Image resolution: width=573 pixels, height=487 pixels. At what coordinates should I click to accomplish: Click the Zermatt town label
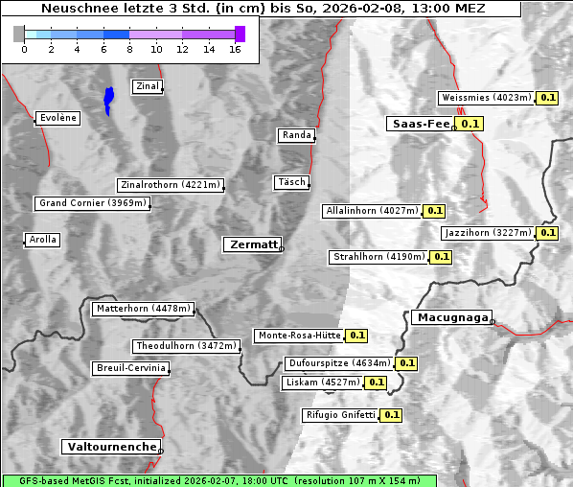coord(252,245)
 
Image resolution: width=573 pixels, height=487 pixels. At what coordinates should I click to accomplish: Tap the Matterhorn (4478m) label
coord(144,309)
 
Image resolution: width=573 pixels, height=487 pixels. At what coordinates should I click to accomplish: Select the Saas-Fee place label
coord(419,124)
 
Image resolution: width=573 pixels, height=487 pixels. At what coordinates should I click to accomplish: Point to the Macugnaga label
coord(451,317)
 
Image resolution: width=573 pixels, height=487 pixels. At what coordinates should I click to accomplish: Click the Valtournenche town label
coord(111,447)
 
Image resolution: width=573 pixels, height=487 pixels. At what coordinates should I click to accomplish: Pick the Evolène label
coord(57,118)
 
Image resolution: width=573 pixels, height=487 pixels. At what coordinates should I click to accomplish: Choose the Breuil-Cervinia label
coord(130,368)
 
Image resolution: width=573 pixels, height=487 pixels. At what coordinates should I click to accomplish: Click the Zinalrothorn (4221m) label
coord(170,185)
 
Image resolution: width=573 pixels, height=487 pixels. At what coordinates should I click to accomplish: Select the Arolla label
coord(42,240)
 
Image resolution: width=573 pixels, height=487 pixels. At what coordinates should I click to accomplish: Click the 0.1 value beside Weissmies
coord(548,98)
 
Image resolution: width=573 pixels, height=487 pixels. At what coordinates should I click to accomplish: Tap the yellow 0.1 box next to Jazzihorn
coord(547,233)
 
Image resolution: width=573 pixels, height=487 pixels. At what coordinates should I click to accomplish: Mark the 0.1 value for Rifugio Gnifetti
coord(391,415)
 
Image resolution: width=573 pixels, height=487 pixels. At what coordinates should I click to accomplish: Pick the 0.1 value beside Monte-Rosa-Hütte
coord(356,336)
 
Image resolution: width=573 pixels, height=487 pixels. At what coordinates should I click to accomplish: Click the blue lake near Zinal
coord(108,99)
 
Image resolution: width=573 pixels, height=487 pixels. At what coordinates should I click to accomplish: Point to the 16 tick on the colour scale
coord(235,49)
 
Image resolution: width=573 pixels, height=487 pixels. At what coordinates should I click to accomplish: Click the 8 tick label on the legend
coord(129,49)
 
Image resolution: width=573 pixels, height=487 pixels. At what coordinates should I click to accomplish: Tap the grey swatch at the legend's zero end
coord(19,34)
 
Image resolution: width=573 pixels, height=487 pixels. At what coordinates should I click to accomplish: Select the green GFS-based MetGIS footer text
coord(219,480)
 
